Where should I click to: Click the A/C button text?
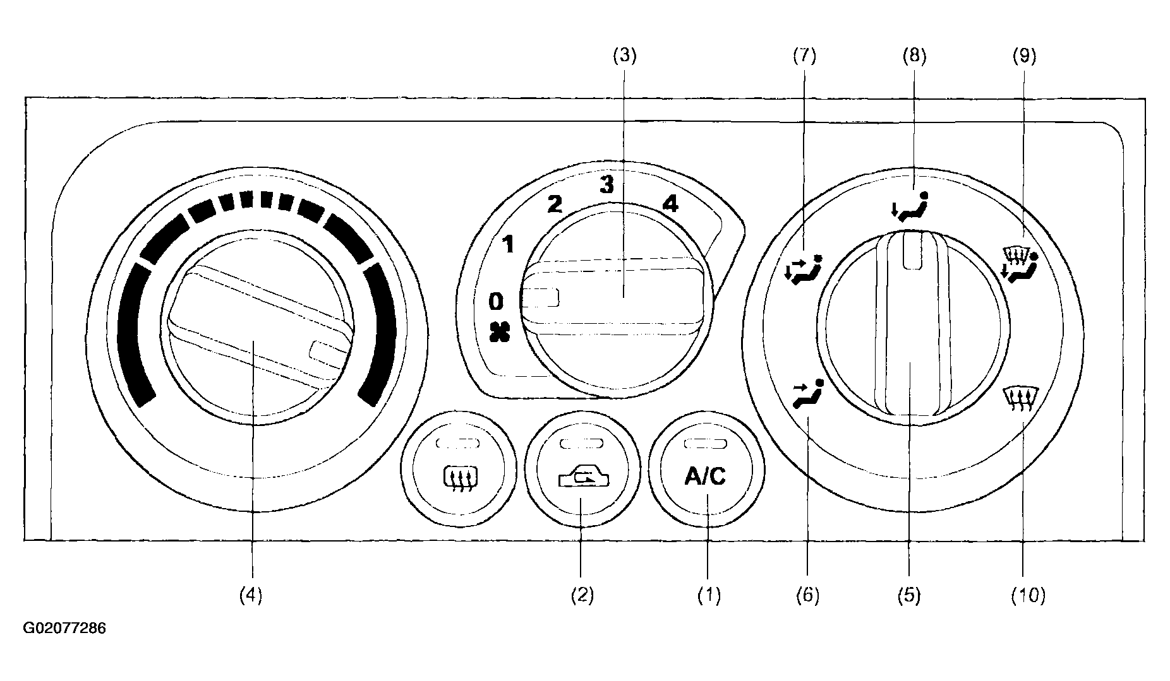[705, 477]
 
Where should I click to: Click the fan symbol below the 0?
[499, 333]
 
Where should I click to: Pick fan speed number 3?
[606, 185]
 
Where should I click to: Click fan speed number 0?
[497, 302]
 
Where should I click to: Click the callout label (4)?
[251, 595]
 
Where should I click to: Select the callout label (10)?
[1027, 595]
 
